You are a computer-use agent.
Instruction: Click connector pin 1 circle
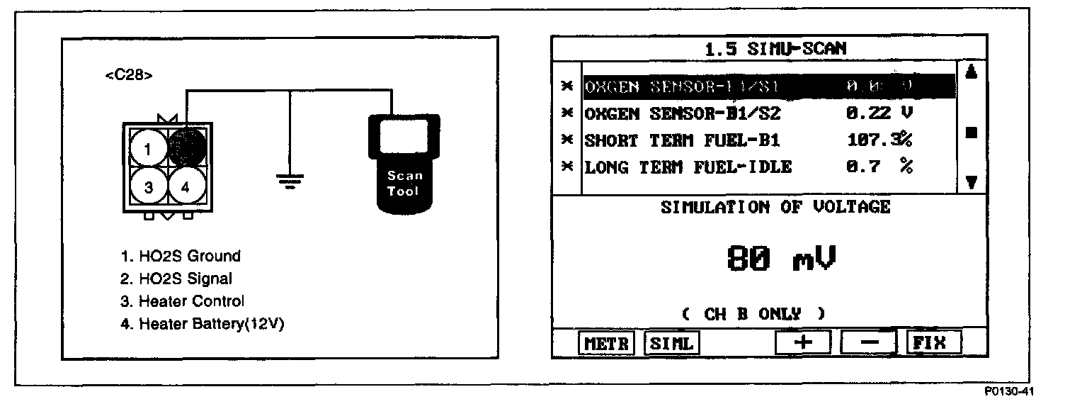pos(147,149)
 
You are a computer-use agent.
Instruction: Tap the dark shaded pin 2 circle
pos(187,147)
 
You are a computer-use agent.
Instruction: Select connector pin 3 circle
pos(147,186)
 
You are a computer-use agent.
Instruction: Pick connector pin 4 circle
pos(186,186)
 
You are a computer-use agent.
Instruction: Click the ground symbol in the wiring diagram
pos(289,180)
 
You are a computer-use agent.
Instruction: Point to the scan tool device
pos(404,163)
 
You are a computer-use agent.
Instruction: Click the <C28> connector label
pos(128,75)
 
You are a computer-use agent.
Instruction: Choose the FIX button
pos(934,342)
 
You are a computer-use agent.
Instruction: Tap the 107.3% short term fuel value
pos(879,140)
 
